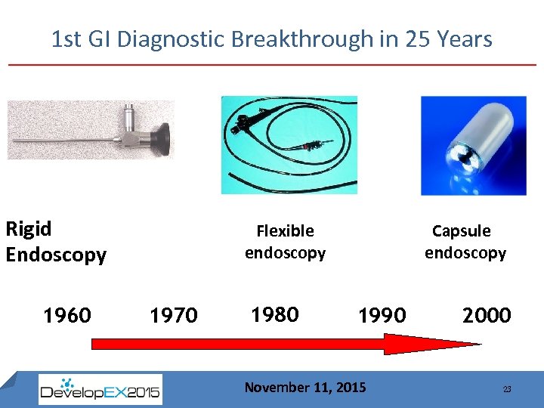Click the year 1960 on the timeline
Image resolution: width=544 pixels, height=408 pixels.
(x=67, y=314)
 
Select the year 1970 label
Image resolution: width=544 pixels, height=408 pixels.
(x=174, y=314)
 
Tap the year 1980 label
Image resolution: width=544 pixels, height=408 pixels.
(x=274, y=314)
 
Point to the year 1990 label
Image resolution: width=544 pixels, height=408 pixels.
(x=382, y=314)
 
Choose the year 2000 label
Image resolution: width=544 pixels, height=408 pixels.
(x=487, y=314)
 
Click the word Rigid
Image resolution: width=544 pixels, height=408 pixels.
(x=29, y=228)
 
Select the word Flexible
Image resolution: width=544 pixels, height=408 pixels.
(x=285, y=230)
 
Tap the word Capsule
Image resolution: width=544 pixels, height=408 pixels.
(x=461, y=230)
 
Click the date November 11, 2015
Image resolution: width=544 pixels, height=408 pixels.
(x=304, y=388)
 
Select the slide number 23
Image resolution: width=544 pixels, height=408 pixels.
(x=507, y=389)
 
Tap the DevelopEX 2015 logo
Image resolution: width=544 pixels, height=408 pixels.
(x=100, y=390)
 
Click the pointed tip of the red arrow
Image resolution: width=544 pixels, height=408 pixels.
(x=479, y=345)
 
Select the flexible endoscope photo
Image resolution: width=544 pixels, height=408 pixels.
(x=289, y=144)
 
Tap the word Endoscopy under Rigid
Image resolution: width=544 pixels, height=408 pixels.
(x=56, y=255)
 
